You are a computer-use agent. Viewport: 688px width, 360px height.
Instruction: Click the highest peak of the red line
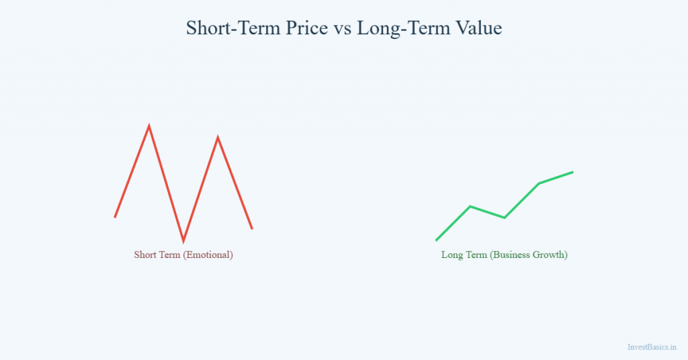(x=149, y=126)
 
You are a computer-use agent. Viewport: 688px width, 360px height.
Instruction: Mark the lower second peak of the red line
(x=218, y=138)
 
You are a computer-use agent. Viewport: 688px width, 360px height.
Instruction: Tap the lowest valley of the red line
(x=183, y=240)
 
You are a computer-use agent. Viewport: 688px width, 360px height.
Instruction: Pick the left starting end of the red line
(x=116, y=217)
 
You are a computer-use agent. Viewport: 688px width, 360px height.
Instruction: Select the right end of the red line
(x=252, y=228)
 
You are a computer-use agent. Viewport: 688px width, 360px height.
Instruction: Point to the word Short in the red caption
(x=146, y=255)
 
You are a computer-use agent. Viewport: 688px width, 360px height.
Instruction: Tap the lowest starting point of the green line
(x=437, y=240)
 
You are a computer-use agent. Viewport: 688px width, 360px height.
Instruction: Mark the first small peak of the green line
(x=470, y=206)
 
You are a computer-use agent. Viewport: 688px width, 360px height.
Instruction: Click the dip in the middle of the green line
(x=505, y=218)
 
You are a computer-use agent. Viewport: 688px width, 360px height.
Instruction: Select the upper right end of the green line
(x=572, y=172)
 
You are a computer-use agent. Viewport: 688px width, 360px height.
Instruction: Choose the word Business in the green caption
(x=513, y=255)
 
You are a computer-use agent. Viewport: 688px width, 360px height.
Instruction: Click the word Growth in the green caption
(x=552, y=255)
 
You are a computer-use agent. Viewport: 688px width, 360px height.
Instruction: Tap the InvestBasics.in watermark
(x=651, y=347)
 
